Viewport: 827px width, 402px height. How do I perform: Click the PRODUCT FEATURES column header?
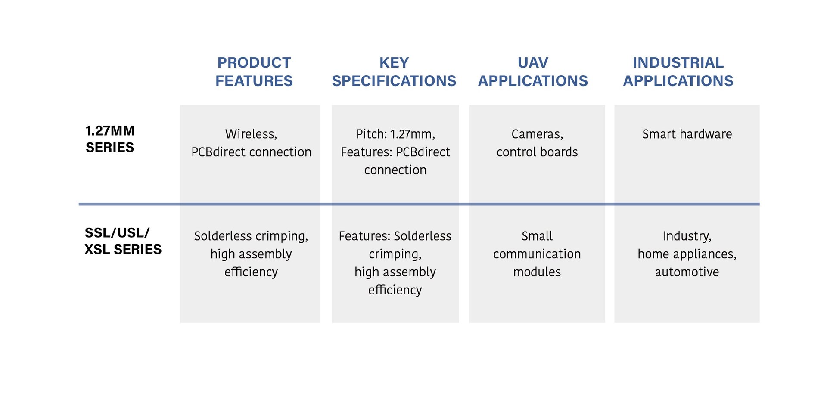(254, 71)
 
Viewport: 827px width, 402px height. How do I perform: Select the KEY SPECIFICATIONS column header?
(394, 71)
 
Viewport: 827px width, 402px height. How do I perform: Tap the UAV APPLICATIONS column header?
(533, 71)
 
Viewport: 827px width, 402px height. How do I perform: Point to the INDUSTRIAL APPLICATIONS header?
(678, 71)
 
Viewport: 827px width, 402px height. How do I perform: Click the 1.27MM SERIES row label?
(110, 139)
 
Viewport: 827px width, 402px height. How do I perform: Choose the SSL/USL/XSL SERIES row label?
(123, 241)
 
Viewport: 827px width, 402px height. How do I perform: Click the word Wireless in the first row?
(250, 134)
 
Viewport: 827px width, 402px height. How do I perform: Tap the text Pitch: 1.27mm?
(395, 134)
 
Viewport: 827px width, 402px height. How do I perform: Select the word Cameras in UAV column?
(536, 134)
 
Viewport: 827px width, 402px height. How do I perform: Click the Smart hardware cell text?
(687, 134)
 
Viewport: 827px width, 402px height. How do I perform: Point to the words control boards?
(537, 152)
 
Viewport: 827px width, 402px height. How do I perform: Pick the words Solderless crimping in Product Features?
(250, 236)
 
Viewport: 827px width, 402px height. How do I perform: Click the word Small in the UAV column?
(537, 236)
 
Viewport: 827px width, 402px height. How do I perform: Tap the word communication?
(537, 254)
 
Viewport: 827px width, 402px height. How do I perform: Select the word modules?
(537, 272)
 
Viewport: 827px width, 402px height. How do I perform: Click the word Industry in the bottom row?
(686, 236)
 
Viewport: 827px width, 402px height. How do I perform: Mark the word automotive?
(687, 272)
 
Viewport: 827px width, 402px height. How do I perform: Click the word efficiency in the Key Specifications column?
(395, 290)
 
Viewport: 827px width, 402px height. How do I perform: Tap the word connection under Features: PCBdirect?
(395, 170)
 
